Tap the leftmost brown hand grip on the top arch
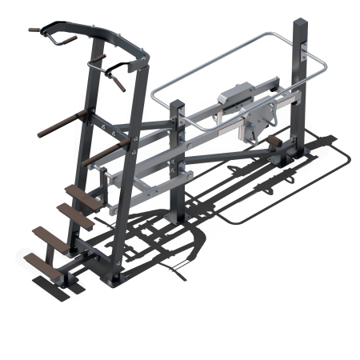[x=37, y=30]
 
